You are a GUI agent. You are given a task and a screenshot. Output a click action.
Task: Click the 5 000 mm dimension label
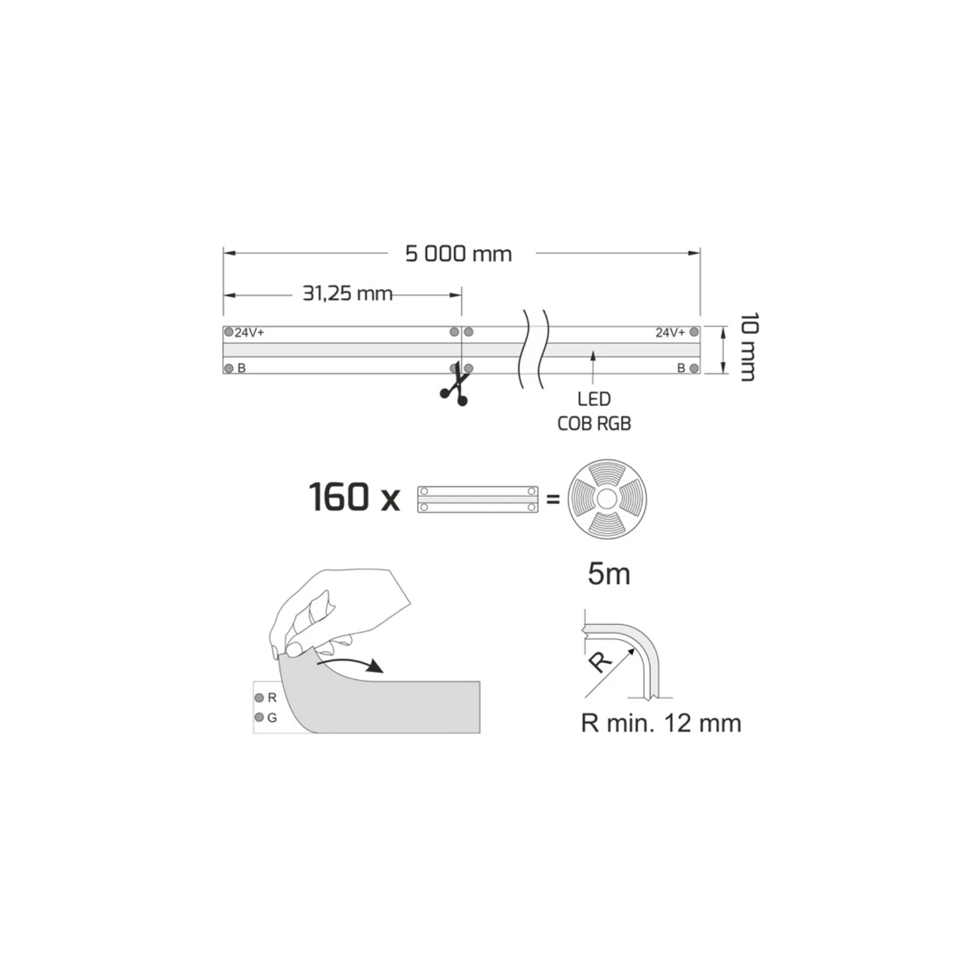point(458,253)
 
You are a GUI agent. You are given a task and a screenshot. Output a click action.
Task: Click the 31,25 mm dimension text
point(347,294)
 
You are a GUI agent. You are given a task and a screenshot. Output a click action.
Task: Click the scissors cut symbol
point(455,390)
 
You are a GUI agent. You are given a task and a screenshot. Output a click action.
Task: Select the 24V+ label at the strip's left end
point(249,333)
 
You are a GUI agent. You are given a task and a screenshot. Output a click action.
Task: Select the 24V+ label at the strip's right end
point(670,333)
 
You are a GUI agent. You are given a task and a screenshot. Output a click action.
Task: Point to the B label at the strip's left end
point(241,368)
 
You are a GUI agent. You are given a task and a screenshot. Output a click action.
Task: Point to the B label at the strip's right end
point(681,368)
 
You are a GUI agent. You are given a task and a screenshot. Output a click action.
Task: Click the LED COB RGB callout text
point(594,411)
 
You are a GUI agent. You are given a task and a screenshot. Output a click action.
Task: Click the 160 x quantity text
point(354,497)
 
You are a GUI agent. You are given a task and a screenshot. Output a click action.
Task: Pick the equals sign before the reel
point(553,499)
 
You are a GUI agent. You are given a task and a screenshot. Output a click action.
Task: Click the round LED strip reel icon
point(606,499)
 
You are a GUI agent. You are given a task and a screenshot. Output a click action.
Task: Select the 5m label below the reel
point(608,574)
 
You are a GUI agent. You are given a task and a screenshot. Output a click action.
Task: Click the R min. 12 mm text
point(661,723)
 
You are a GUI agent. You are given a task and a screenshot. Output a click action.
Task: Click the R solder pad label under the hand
point(272,698)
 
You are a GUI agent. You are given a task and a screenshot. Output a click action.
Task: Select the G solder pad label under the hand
point(272,718)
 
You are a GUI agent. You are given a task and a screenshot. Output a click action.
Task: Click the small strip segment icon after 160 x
point(477,499)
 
